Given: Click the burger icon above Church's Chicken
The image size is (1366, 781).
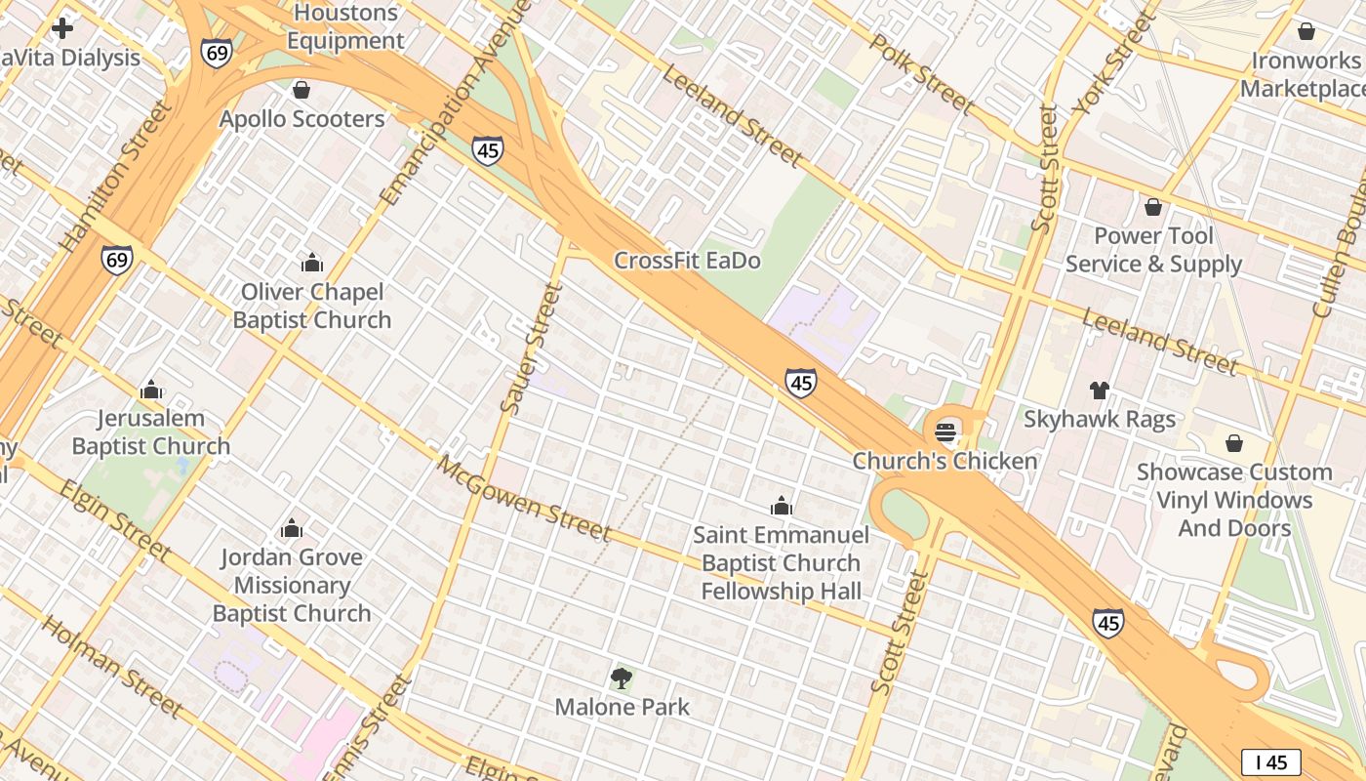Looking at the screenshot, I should pos(944,431).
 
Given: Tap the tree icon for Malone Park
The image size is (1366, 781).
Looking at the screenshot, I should pos(622,678).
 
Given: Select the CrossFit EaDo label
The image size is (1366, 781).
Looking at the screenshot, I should pos(687,261).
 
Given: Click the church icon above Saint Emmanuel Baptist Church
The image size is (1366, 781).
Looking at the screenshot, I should pos(781,506).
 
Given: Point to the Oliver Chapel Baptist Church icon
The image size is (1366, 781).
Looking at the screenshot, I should pos(312,263).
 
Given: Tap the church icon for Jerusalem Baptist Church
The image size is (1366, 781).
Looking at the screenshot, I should pos(151,390).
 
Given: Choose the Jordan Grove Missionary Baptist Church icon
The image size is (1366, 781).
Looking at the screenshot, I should pos(292,529).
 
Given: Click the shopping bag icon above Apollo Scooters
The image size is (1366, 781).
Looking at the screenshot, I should pos(301,90).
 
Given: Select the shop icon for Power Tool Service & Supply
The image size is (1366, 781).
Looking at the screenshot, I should pos(1153,207).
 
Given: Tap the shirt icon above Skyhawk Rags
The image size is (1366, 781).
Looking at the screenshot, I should pos(1100,390).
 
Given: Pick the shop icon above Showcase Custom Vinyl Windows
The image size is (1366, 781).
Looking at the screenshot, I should pos(1234,443).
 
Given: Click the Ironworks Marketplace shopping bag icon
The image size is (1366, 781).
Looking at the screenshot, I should pos(1306,31).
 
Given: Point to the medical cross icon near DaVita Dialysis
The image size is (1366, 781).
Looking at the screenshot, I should pos(62,27).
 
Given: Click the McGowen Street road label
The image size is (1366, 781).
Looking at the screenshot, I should pos(524,498).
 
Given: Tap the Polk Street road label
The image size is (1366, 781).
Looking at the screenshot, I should pos(921,72).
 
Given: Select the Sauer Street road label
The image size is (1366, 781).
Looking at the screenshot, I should pos(532,348).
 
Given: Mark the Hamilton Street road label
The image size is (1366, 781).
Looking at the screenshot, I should pos(115,175).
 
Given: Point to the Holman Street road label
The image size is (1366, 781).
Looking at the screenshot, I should pos(112,666).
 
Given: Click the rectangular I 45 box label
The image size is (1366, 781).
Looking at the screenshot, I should pos(1271,761).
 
